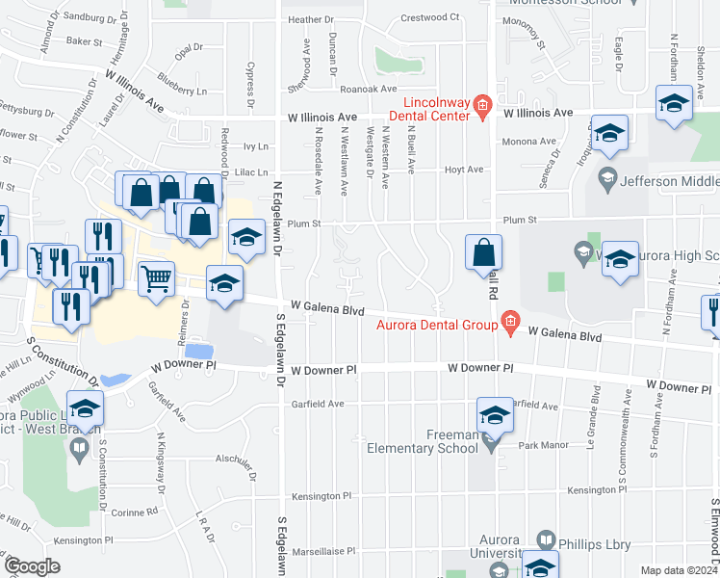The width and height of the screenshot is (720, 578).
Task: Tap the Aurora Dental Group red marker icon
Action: [510, 324]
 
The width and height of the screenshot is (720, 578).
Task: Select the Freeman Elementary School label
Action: [424, 439]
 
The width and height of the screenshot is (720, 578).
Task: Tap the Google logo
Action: [33, 566]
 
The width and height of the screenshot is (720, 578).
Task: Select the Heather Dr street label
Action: [310, 19]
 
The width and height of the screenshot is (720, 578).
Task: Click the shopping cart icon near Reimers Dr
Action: [156, 278]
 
